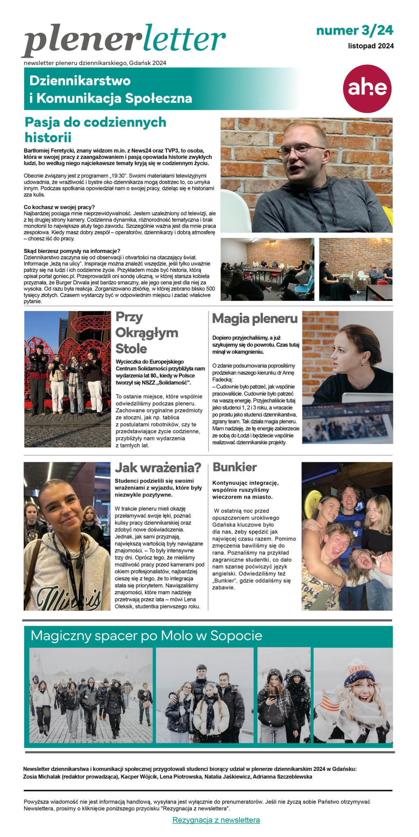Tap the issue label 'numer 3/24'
tap(354, 30)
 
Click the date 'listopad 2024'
tap(371, 46)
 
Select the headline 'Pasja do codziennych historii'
tap(95, 129)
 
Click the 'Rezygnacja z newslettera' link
tap(216, 820)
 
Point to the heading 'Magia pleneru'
tap(255, 318)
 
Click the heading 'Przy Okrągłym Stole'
tap(146, 333)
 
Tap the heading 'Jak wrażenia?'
tap(158, 467)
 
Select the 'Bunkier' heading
tap(234, 467)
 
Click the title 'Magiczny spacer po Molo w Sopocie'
tap(146, 636)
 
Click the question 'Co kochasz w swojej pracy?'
tap(59, 207)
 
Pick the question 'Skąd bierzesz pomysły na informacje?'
tap(72, 251)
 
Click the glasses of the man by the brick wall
tap(300, 151)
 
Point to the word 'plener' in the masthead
tap(78, 41)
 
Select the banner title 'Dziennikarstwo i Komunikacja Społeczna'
tap(110, 89)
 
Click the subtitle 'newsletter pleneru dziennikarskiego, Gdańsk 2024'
tap(95, 63)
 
